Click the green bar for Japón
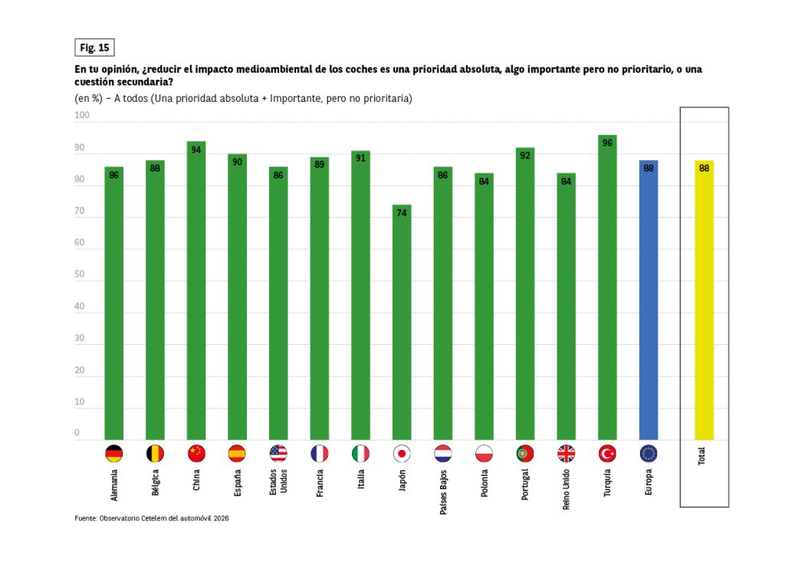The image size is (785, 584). [x=402, y=322]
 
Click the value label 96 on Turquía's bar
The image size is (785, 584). [x=607, y=143]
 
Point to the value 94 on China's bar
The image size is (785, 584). [x=196, y=149]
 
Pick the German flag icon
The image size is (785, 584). [x=114, y=454]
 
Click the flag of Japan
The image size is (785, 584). [x=402, y=454]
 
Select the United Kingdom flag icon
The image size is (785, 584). [x=566, y=454]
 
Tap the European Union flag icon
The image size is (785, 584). [x=649, y=454]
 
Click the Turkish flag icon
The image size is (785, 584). [x=607, y=454]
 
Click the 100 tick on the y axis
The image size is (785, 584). [x=82, y=116]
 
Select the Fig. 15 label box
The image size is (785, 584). [x=94, y=48]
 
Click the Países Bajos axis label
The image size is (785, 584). [x=443, y=490]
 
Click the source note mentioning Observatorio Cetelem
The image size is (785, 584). [x=152, y=519]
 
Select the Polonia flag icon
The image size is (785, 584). [x=484, y=454]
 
